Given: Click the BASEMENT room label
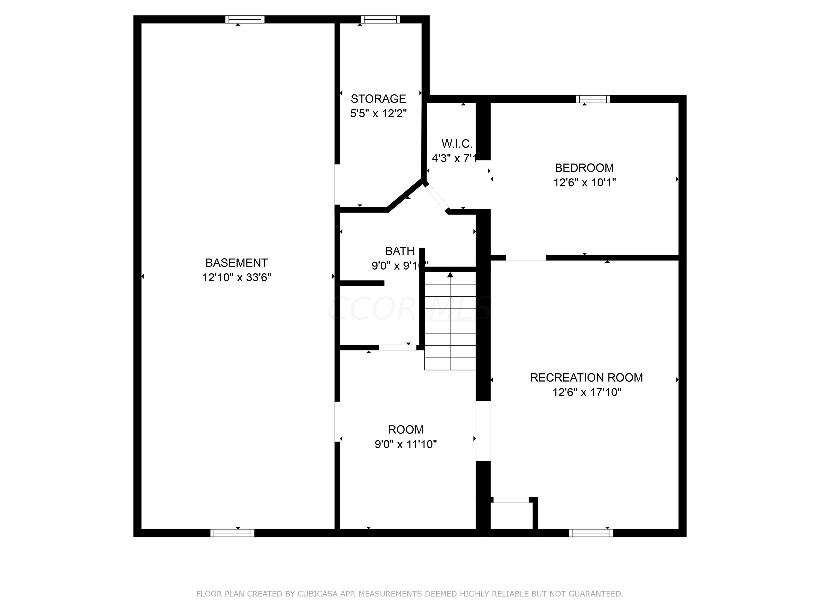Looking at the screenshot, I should (x=236, y=263).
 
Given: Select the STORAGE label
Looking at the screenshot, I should (x=378, y=99).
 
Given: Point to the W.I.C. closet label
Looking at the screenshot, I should (x=456, y=143).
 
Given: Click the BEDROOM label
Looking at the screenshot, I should (x=584, y=168).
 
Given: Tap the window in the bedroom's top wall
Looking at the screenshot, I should (x=592, y=99).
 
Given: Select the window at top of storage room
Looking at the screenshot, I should (x=380, y=19).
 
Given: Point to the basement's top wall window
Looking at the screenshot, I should (x=245, y=19).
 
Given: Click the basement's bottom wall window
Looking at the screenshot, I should (x=232, y=533).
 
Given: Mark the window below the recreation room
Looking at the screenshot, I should (x=591, y=533).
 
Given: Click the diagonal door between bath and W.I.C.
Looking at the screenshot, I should (x=437, y=198).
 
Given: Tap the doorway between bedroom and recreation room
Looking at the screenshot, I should (x=525, y=258).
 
